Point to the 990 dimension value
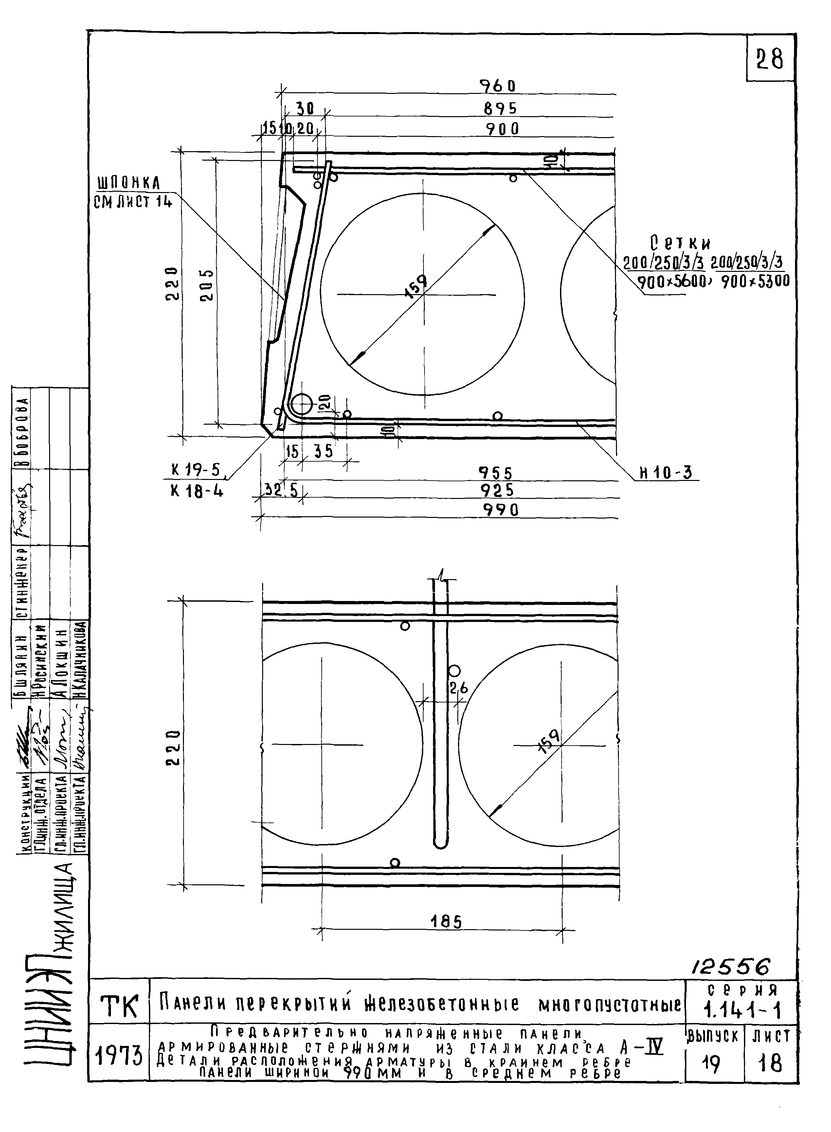[500, 510]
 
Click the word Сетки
[680, 243]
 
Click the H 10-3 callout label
[665, 473]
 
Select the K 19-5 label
[196, 470]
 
